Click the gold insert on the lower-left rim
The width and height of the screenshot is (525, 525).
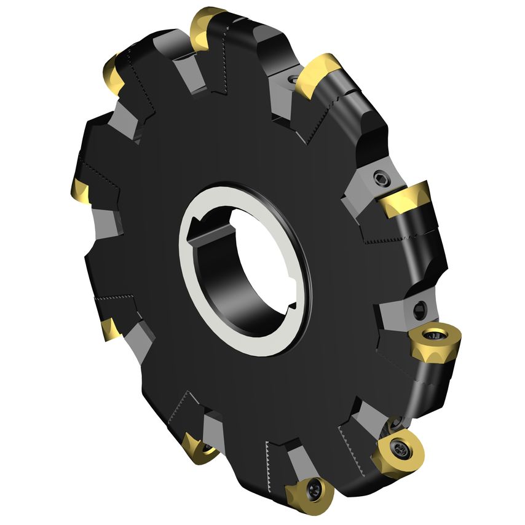[x=112, y=328]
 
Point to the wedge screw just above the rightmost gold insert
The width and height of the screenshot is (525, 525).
[x=420, y=307]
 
